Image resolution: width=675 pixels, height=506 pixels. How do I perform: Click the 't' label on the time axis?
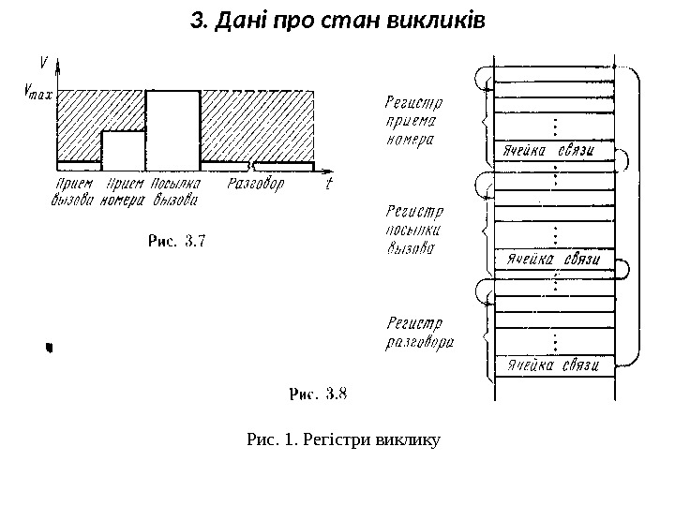[328, 184]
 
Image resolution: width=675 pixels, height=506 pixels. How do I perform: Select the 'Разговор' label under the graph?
[254, 185]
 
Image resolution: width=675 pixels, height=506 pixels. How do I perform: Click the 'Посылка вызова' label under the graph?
[176, 191]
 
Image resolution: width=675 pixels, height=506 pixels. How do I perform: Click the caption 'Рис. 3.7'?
[179, 241]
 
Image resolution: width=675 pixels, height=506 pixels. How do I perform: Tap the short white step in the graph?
[123, 146]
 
